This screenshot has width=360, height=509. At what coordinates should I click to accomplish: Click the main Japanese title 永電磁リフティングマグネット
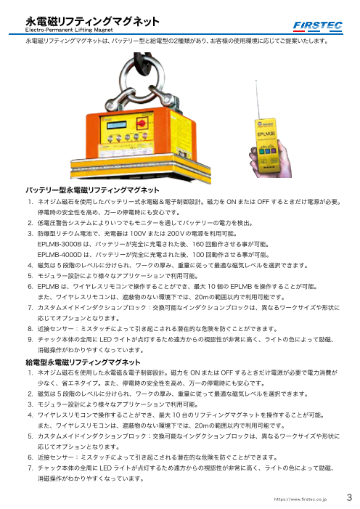click(x=81, y=22)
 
